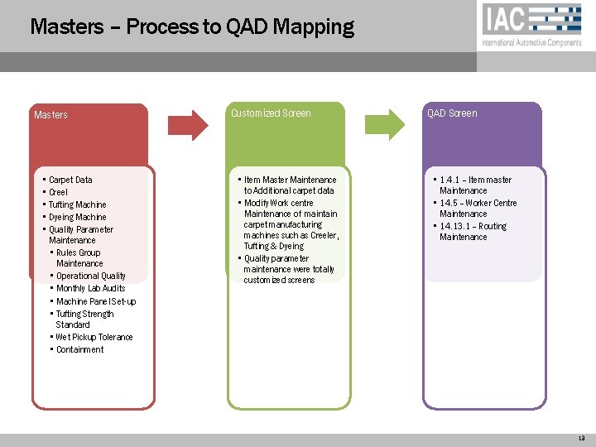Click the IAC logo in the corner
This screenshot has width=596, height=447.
point(531,25)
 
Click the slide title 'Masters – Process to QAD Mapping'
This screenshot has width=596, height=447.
point(192,27)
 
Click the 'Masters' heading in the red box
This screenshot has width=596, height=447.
point(50,115)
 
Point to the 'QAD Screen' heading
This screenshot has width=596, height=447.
point(452,113)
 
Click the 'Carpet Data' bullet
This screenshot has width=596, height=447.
point(70,180)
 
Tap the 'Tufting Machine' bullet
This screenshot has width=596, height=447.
point(77,204)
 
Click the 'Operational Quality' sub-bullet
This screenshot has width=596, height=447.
point(91,276)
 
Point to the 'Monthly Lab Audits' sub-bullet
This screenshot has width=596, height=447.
point(90,288)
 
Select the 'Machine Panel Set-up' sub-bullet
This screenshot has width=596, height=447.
point(96,301)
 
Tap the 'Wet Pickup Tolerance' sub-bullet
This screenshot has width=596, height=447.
point(94,337)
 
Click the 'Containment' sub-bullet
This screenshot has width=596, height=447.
point(79,349)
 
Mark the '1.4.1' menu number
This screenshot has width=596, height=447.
point(450,180)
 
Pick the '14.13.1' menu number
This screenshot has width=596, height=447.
point(454,226)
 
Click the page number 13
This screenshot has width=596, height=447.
point(581,439)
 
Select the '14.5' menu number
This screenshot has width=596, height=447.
point(449,203)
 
